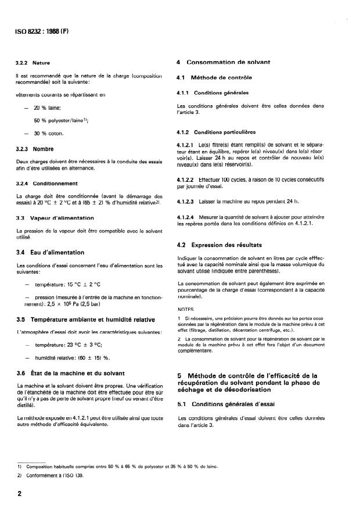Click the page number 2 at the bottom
(x=20, y=492)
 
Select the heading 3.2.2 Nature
(x=33, y=62)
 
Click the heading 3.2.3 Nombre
(x=35, y=148)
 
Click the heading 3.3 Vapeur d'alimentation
(x=55, y=217)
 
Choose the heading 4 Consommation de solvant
(x=224, y=62)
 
